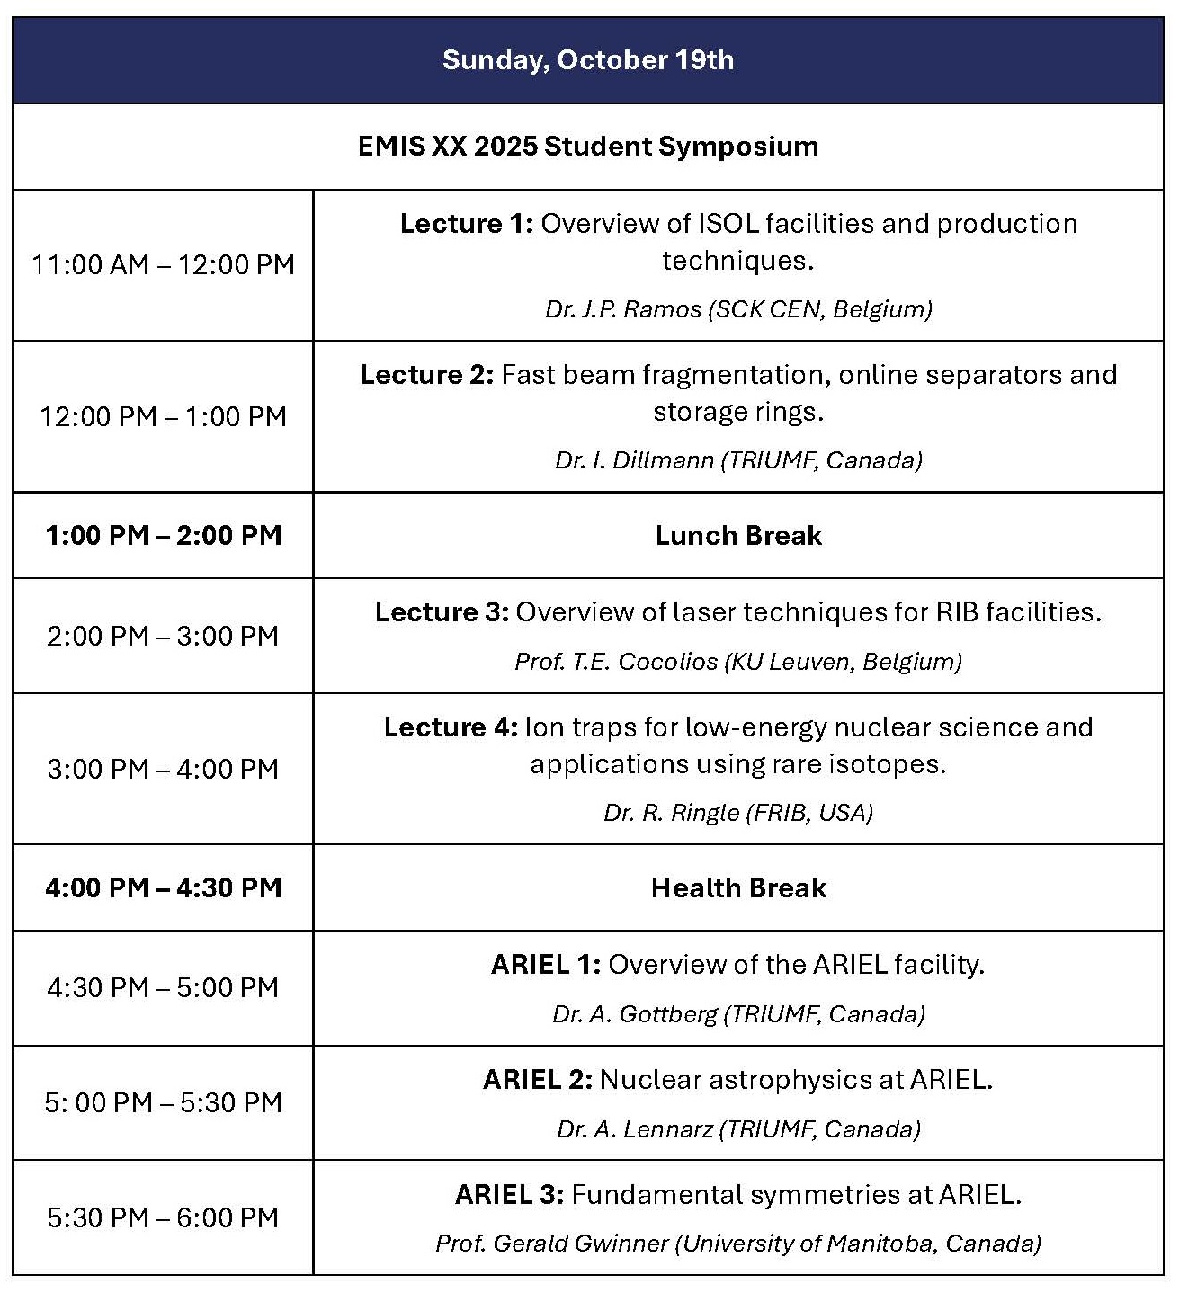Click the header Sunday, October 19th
588,60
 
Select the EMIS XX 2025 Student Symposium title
588,147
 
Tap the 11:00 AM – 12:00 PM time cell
163,264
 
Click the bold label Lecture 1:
467,224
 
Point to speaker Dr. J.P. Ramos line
738,309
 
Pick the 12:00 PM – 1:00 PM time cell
163,416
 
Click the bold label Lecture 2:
427,375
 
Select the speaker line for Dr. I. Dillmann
738,460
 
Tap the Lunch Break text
738,536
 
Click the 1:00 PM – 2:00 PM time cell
163,536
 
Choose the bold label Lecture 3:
442,612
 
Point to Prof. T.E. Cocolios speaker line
738,662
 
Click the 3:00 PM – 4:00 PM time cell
163,769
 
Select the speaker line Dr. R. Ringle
738,813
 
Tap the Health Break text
738,888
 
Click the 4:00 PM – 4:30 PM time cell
163,888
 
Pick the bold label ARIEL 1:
546,965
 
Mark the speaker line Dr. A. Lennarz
738,1129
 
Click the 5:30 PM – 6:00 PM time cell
163,1217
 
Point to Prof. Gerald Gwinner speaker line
738,1244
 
